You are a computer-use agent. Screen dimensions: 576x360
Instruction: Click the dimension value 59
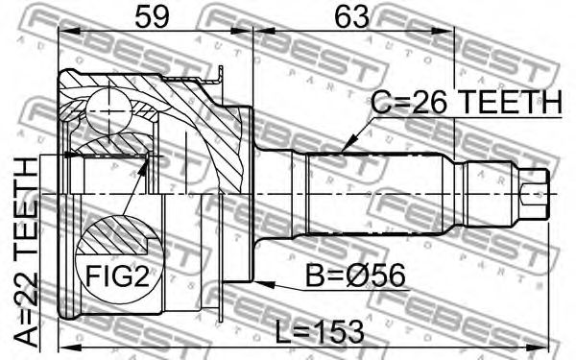click(x=153, y=16)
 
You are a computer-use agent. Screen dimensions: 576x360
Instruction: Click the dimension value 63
click(x=351, y=16)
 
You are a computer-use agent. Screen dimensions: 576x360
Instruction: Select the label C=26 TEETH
click(x=467, y=102)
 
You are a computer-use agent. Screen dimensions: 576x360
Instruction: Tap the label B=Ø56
click(x=355, y=276)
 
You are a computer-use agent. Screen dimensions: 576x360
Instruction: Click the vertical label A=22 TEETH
click(x=27, y=252)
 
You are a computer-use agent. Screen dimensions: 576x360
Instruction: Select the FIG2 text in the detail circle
click(x=117, y=276)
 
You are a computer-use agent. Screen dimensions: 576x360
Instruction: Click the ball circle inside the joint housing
click(x=109, y=110)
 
